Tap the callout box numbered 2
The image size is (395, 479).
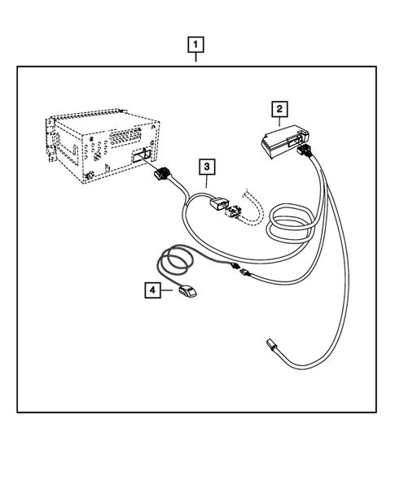279,107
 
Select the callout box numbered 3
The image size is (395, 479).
208,167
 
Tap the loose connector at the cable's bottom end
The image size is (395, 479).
273,346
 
